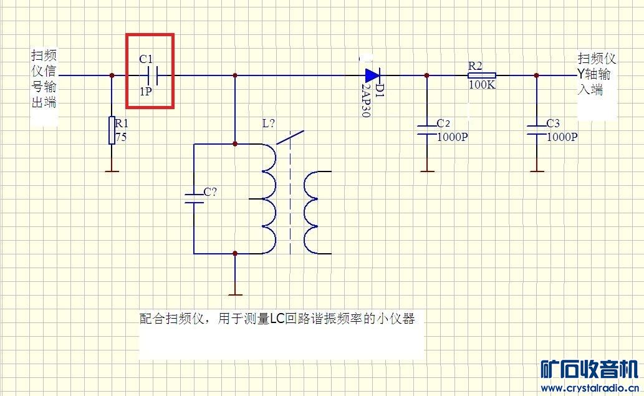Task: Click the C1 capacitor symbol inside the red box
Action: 152,75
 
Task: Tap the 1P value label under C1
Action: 146,92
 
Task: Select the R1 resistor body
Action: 112,130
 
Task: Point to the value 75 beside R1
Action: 121,137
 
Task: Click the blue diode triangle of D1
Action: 372,75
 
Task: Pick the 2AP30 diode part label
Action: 366,100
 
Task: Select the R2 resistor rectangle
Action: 482,75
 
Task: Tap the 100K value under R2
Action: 482,85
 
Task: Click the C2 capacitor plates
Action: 426,130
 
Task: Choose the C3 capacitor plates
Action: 536,130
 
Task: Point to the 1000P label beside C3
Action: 562,137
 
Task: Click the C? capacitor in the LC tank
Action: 195,198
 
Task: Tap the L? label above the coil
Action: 269,123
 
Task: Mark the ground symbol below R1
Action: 112,171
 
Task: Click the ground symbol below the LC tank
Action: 235,294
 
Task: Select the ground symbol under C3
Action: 536,171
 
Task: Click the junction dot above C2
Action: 426,75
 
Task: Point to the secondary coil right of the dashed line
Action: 317,213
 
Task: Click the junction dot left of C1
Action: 112,75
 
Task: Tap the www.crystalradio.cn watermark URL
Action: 590,388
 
